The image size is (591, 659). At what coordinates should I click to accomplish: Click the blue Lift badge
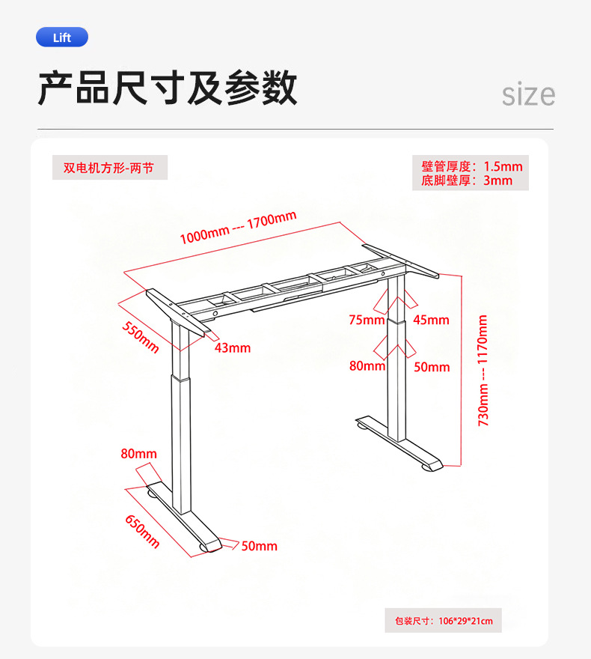click(x=62, y=37)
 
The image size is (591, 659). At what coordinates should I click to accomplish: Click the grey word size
click(x=528, y=94)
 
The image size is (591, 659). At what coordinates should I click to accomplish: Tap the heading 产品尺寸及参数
click(x=168, y=88)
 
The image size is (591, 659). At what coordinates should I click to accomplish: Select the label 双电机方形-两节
click(x=108, y=168)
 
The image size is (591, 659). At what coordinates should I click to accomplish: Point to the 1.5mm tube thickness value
click(x=503, y=166)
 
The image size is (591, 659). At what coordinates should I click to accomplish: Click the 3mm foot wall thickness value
click(x=497, y=180)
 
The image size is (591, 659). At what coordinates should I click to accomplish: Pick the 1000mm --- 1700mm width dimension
click(x=238, y=228)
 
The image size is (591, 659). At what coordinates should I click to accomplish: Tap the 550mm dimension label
click(x=141, y=338)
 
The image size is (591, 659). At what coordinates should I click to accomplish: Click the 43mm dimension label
click(x=233, y=348)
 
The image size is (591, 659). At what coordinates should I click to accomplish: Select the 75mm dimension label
click(x=367, y=320)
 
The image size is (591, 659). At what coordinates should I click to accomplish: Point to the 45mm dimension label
click(x=431, y=320)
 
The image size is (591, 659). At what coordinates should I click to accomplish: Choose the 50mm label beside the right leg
click(x=432, y=367)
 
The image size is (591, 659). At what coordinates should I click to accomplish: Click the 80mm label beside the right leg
click(x=367, y=365)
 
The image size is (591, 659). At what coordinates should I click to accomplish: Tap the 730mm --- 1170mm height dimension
click(x=483, y=370)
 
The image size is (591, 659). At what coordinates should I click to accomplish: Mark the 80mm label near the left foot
click(x=138, y=454)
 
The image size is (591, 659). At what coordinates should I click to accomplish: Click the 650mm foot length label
click(x=142, y=532)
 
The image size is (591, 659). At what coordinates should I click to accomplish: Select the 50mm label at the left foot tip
click(x=260, y=546)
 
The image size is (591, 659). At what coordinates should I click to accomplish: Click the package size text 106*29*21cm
click(x=465, y=621)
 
